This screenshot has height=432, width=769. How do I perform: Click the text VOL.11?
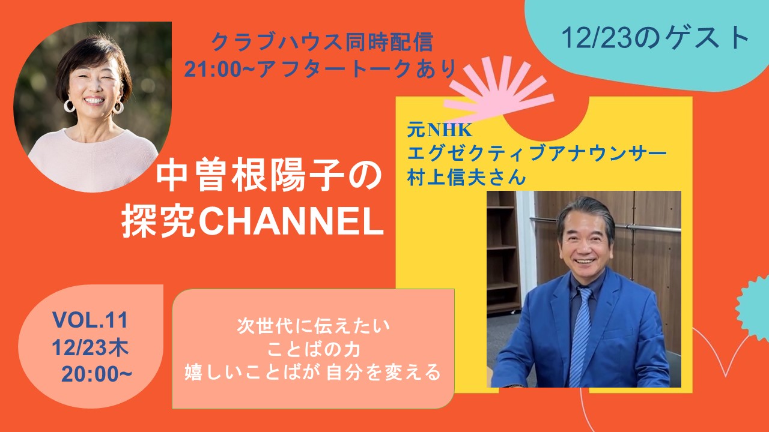click(x=90, y=320)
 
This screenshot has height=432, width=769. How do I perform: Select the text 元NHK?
click(x=439, y=130)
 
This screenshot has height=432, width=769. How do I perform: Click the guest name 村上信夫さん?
click(x=466, y=177)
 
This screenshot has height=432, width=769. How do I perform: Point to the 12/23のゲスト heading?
click(x=655, y=38)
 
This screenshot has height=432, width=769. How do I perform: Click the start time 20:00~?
click(x=97, y=374)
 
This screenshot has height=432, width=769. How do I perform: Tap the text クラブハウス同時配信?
click(x=321, y=43)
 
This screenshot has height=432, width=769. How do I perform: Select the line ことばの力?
click(x=313, y=349)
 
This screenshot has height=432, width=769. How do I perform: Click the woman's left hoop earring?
click(x=69, y=106)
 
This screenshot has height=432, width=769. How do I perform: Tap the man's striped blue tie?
click(x=581, y=336)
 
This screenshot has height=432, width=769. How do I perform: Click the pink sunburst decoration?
click(x=499, y=90)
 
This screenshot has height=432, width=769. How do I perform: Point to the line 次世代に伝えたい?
click(x=314, y=326)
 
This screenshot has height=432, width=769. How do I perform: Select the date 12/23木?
click(x=90, y=347)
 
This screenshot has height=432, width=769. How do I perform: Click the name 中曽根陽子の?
click(x=269, y=178)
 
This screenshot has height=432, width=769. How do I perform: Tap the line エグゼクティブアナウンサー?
click(x=536, y=153)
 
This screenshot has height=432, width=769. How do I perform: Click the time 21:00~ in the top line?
click(x=220, y=69)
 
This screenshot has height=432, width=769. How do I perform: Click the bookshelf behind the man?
click(x=502, y=254)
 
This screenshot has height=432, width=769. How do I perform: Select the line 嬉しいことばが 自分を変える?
click(x=313, y=373)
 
